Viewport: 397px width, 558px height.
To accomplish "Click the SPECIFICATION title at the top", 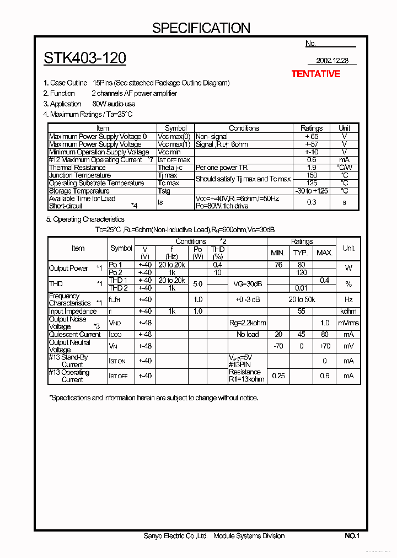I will tap(201, 28).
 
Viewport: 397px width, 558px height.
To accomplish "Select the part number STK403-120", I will tap(85, 58).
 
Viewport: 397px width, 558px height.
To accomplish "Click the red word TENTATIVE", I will tap(315, 74).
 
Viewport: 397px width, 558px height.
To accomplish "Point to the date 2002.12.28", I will tap(332, 61).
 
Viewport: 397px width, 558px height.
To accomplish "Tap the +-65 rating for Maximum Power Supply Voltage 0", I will tap(312, 136).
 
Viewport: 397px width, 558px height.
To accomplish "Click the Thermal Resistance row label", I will tap(77, 168).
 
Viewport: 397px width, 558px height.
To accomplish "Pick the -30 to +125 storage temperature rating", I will tap(312, 191).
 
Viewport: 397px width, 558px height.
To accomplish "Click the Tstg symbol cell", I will tap(164, 191).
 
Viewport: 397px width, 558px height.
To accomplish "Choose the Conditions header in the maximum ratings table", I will tap(244, 128).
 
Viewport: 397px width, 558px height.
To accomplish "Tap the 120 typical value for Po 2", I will tap(301, 272).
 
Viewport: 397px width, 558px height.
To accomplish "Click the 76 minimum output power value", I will tap(278, 265).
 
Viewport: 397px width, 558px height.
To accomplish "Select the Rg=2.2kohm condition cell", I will tap(248, 323).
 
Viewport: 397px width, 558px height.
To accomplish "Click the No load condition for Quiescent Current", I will tap(248, 335).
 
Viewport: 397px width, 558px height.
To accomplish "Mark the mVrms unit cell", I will tap(348, 323).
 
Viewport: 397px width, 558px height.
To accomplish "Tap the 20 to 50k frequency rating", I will tap(301, 299).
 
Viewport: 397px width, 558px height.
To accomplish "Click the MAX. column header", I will tap(325, 253).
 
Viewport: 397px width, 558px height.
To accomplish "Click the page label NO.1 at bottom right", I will tap(352, 536).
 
